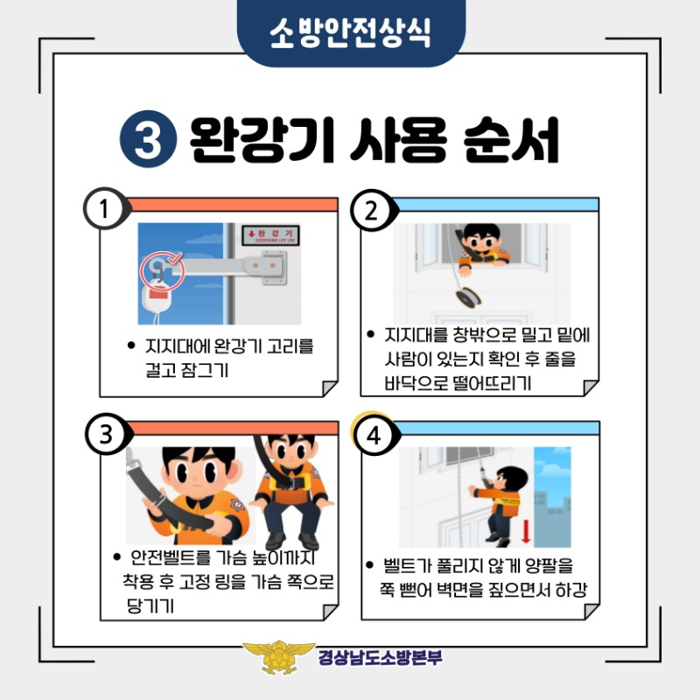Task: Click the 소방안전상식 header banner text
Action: click(x=351, y=32)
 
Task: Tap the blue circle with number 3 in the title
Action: click(x=148, y=139)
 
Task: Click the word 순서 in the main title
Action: click(x=511, y=140)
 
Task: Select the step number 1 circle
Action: click(x=105, y=208)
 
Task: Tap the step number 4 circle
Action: click(x=374, y=435)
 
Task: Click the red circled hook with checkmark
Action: click(x=162, y=270)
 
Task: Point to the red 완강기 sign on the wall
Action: click(x=270, y=234)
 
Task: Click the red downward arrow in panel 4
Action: click(x=526, y=530)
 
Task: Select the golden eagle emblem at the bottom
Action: click(x=278, y=657)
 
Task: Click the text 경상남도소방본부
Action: click(x=381, y=657)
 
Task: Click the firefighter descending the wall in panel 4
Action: click(x=498, y=506)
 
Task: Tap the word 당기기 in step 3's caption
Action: click(x=150, y=605)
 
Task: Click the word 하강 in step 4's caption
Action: click(x=571, y=590)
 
